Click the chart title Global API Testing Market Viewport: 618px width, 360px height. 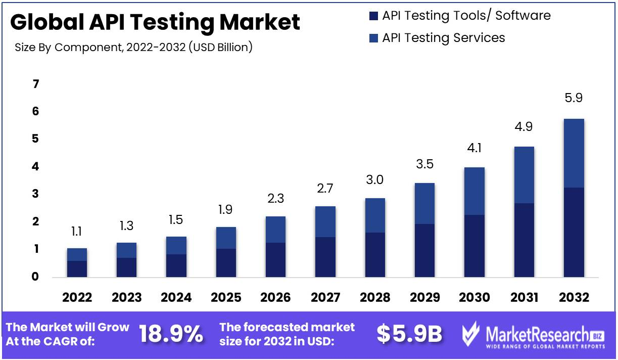coord(155,22)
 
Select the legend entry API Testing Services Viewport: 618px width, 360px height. coord(443,38)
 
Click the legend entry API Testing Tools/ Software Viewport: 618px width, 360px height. coord(466,16)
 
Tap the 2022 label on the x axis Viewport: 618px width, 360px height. coord(77,297)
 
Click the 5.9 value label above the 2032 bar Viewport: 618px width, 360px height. coord(573,98)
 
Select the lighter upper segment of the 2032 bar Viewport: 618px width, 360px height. coord(574,153)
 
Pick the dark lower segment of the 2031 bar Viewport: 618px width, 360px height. coord(524,240)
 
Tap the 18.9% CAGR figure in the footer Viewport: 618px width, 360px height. coord(171,334)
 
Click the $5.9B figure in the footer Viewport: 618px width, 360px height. coord(409,334)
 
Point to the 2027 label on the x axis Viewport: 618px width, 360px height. coord(325,297)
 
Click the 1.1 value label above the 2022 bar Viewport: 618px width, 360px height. coord(77,232)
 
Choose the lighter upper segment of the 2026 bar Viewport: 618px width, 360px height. coord(275,230)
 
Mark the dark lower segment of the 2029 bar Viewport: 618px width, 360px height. coord(424,250)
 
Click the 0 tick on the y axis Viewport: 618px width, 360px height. coord(36,277)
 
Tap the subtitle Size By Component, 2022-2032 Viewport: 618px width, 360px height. coord(134,48)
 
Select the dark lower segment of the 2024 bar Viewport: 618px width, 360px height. coord(176,265)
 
